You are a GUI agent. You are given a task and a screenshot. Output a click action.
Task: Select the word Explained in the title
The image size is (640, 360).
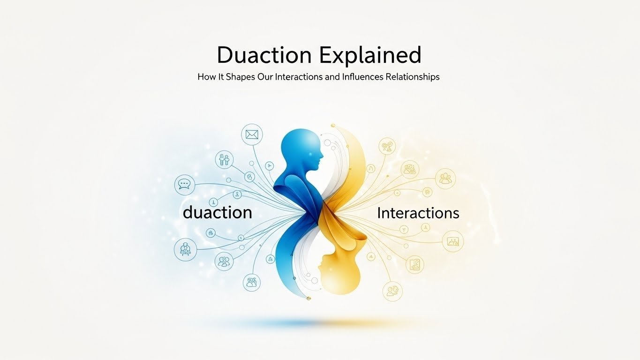pyautogui.click(x=370, y=55)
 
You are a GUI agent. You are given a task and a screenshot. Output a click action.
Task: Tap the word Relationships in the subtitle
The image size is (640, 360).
pyautogui.click(x=412, y=76)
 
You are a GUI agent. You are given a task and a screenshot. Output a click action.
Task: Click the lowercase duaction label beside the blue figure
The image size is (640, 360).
pyautogui.click(x=218, y=212)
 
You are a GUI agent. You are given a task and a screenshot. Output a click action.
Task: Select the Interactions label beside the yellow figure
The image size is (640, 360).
pyautogui.click(x=418, y=213)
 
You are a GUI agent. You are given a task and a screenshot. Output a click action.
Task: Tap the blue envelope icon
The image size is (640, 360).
pyautogui.click(x=252, y=135)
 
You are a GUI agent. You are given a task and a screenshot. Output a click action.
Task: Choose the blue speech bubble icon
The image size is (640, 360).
pyautogui.click(x=184, y=185)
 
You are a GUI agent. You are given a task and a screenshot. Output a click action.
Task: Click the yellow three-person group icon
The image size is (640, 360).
pyautogui.click(x=445, y=178)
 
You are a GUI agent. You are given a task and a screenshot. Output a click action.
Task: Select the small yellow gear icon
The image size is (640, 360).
pyautogui.click(x=427, y=192)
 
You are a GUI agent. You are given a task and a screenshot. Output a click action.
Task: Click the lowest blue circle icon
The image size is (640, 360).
pyautogui.click(x=252, y=282)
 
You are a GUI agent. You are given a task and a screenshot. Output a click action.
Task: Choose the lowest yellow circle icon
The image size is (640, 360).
pyautogui.click(x=392, y=291)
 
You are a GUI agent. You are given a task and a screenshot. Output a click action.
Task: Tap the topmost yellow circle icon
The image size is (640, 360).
pyautogui.click(x=387, y=146)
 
